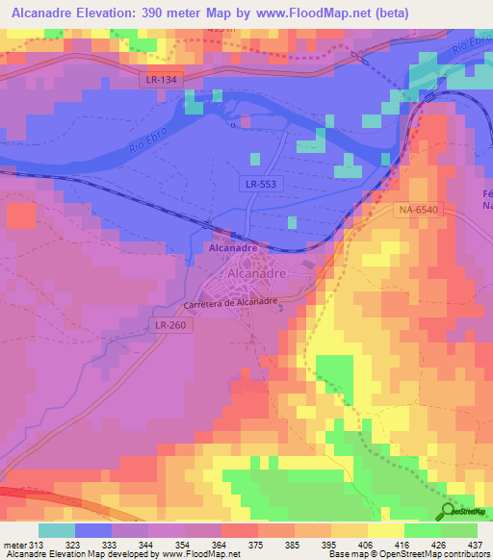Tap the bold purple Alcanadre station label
(232, 247)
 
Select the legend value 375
(257, 545)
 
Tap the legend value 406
(367, 545)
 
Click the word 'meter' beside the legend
(14, 545)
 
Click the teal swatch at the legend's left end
(57, 530)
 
